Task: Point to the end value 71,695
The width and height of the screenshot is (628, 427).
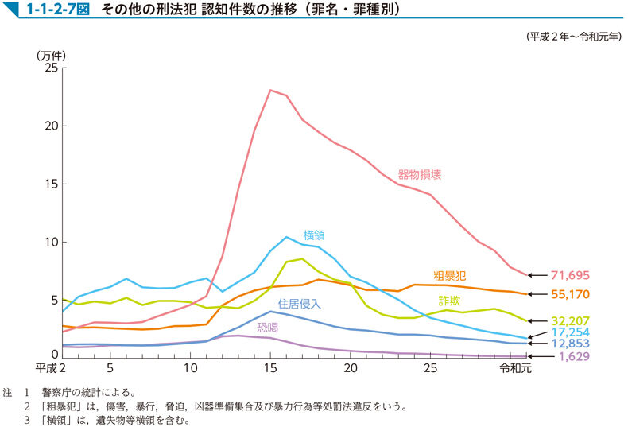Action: point(569,276)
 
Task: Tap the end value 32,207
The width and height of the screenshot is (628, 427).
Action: point(569,321)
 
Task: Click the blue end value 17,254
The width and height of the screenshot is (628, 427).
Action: point(569,331)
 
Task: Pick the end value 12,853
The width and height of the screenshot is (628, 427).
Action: point(569,344)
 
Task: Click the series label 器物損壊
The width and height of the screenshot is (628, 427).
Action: point(420,173)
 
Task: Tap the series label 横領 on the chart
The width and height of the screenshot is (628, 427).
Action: point(314,235)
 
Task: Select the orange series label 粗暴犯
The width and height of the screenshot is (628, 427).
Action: point(449,275)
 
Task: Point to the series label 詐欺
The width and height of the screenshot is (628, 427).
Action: point(449,301)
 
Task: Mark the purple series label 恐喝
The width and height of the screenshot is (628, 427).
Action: point(268,326)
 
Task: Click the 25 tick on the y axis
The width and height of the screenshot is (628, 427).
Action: point(51,68)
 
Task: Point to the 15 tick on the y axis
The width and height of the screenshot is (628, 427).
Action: point(51,184)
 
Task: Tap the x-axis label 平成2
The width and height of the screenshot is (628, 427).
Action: point(50,369)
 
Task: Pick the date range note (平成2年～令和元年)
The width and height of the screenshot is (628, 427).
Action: point(573,37)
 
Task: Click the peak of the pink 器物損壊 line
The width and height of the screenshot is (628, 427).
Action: point(270,90)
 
